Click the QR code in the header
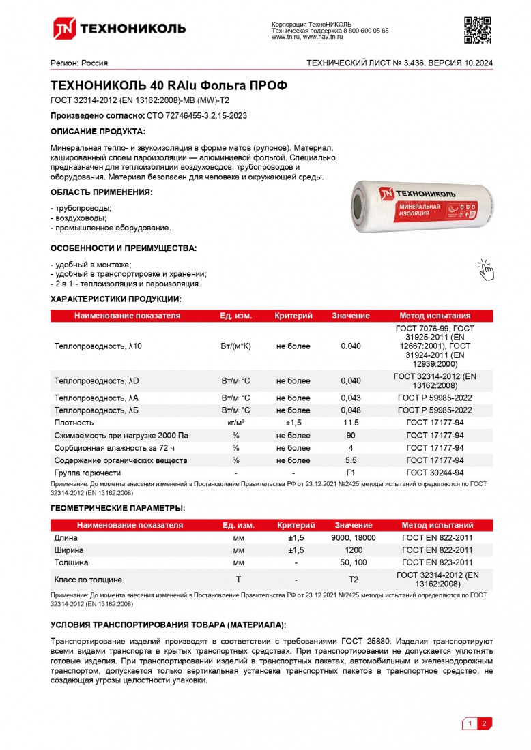478,29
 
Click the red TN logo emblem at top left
65,28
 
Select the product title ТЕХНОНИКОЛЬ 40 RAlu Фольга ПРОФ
169,86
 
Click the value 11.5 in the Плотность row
350,423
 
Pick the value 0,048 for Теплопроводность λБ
350,410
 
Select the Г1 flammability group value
350,472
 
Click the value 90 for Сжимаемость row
350,436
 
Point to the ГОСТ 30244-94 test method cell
435,472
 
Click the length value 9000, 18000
353,538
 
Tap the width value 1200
353,550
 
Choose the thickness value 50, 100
353,562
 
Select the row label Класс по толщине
88,580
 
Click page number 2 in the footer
484,723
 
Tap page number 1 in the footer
470,723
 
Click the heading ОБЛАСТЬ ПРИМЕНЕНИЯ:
102,192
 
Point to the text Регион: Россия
79,63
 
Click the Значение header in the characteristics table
350,316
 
